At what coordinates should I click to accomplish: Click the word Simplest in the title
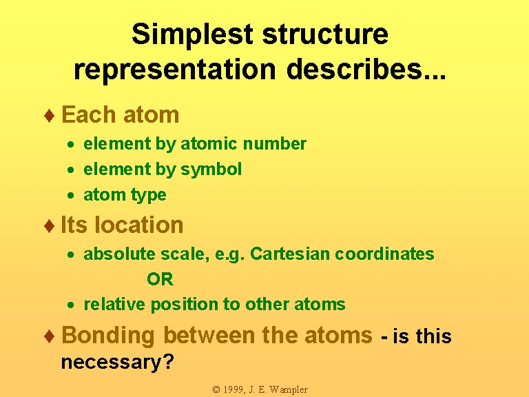[x=192, y=34]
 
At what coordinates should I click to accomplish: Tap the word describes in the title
[x=366, y=68]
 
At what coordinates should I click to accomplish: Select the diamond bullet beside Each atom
[x=50, y=116]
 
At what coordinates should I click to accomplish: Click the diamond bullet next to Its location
[x=50, y=225]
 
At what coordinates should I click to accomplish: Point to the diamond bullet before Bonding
[x=50, y=336]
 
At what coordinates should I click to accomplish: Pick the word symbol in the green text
[x=211, y=170]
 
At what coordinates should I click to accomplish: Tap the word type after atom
[x=149, y=196]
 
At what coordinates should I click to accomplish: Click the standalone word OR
[x=160, y=279]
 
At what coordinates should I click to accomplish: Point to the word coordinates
[x=384, y=254]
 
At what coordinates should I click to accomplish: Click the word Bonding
[x=108, y=336]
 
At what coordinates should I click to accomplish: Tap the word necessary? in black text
[x=117, y=363]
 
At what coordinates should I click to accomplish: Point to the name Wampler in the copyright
[x=289, y=390]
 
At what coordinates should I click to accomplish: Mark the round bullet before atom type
[x=70, y=195]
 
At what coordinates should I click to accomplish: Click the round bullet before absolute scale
[x=70, y=254]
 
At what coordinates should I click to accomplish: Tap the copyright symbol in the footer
[x=216, y=390]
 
